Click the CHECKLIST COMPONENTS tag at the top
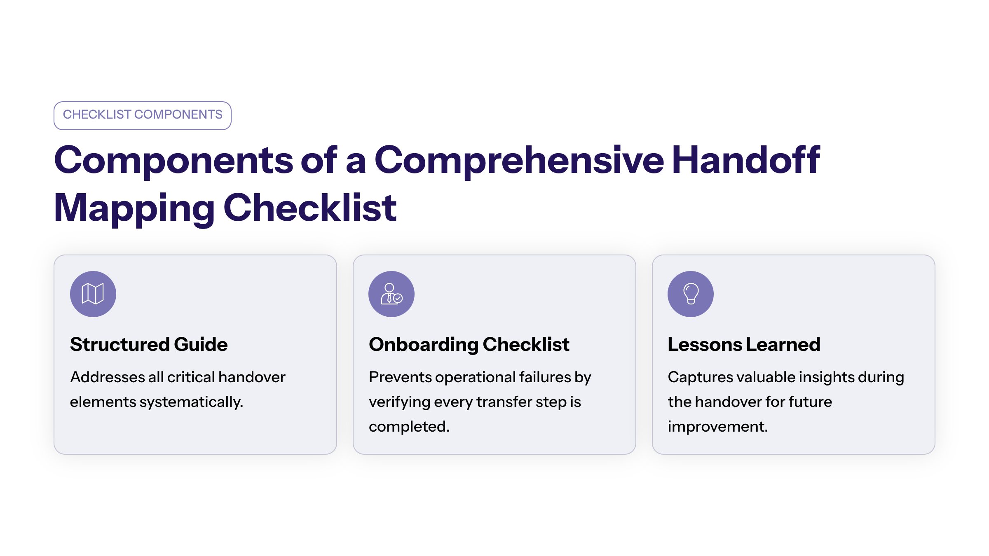click(142, 115)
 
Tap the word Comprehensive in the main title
click(519, 161)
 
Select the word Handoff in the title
click(746, 160)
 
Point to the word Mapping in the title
click(134, 209)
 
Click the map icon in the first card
click(93, 294)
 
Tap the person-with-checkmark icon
click(391, 294)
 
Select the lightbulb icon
click(691, 294)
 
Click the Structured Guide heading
click(149, 344)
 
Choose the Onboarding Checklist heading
click(469, 344)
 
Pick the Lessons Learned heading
click(744, 344)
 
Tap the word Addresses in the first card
click(107, 377)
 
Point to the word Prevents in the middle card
click(399, 377)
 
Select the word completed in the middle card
click(409, 427)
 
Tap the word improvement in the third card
click(717, 427)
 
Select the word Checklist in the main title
click(310, 208)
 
